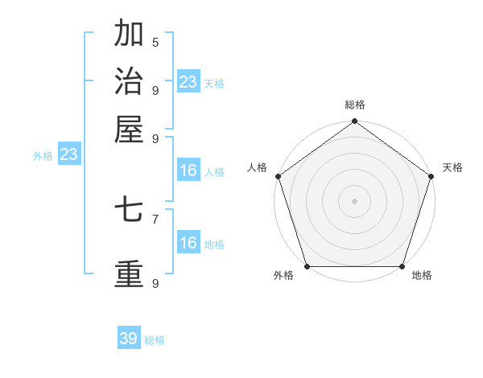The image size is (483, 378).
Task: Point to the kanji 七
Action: pos(129,211)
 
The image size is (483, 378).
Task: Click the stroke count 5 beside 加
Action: pos(155,42)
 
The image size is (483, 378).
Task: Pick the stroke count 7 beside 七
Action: pos(155,218)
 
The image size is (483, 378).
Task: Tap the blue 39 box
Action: pos(129,339)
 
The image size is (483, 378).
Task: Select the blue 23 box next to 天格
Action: pos(188,82)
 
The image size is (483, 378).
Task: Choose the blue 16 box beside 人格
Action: pos(188,171)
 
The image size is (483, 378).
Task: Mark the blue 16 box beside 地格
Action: pos(188,243)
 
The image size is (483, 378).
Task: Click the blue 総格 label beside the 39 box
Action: pos(155,340)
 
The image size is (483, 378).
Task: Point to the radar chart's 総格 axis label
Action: pos(354,105)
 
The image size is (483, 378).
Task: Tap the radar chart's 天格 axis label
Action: pos(452,167)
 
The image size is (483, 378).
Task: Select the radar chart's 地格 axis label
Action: pos(422,276)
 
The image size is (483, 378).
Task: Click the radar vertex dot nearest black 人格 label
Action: pos(278,176)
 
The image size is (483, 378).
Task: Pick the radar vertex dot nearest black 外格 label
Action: pos(307,266)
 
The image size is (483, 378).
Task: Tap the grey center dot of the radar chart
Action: pos(354,200)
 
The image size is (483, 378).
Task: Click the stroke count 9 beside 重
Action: pos(155,283)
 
